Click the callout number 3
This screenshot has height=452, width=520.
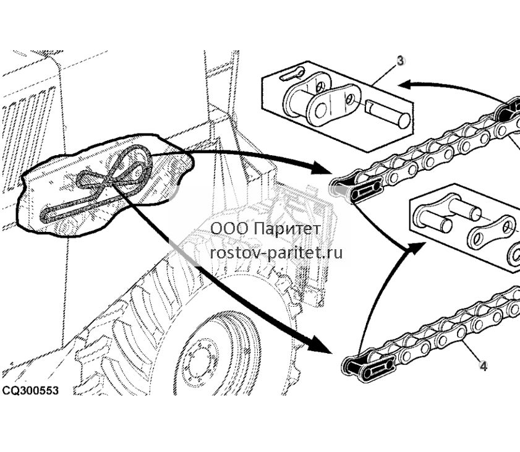coord(401,61)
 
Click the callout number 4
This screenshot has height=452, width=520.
coord(483,366)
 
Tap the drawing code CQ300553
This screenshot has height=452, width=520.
coord(30,390)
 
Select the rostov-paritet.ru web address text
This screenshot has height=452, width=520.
coord(276,253)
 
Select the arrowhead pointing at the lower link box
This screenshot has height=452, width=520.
coord(416,247)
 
